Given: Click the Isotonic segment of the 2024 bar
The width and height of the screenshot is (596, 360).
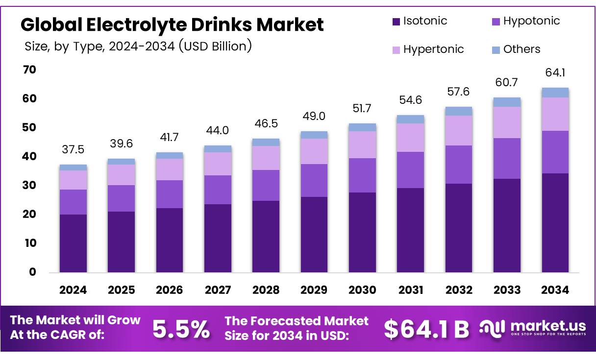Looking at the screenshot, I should (x=73, y=243).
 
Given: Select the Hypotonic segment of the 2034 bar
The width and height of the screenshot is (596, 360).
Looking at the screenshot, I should (x=555, y=152).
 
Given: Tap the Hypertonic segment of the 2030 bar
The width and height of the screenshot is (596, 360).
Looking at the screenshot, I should (x=362, y=144).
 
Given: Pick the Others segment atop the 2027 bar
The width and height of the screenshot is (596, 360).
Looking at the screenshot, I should (x=218, y=149).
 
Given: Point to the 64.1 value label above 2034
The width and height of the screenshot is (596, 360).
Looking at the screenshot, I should (x=555, y=73).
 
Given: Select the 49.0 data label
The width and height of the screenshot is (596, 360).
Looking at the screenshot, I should (x=314, y=117).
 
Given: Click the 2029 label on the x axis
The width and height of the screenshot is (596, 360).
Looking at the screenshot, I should (x=314, y=290).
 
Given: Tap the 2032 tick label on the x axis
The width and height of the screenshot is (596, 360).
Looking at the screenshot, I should (x=459, y=290).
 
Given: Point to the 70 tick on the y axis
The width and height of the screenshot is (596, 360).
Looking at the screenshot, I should (x=29, y=70).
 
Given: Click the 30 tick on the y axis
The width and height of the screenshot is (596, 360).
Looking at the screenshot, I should (x=29, y=186).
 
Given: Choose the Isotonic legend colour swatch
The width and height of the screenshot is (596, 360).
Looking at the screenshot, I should (x=396, y=22).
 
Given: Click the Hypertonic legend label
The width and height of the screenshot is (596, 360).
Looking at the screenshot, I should (x=433, y=49).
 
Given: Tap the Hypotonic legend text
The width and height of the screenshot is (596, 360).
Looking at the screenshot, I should (x=531, y=21).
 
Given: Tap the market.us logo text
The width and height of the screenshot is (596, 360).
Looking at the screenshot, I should (x=548, y=326).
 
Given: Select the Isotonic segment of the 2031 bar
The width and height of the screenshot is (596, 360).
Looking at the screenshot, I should (x=410, y=230).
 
